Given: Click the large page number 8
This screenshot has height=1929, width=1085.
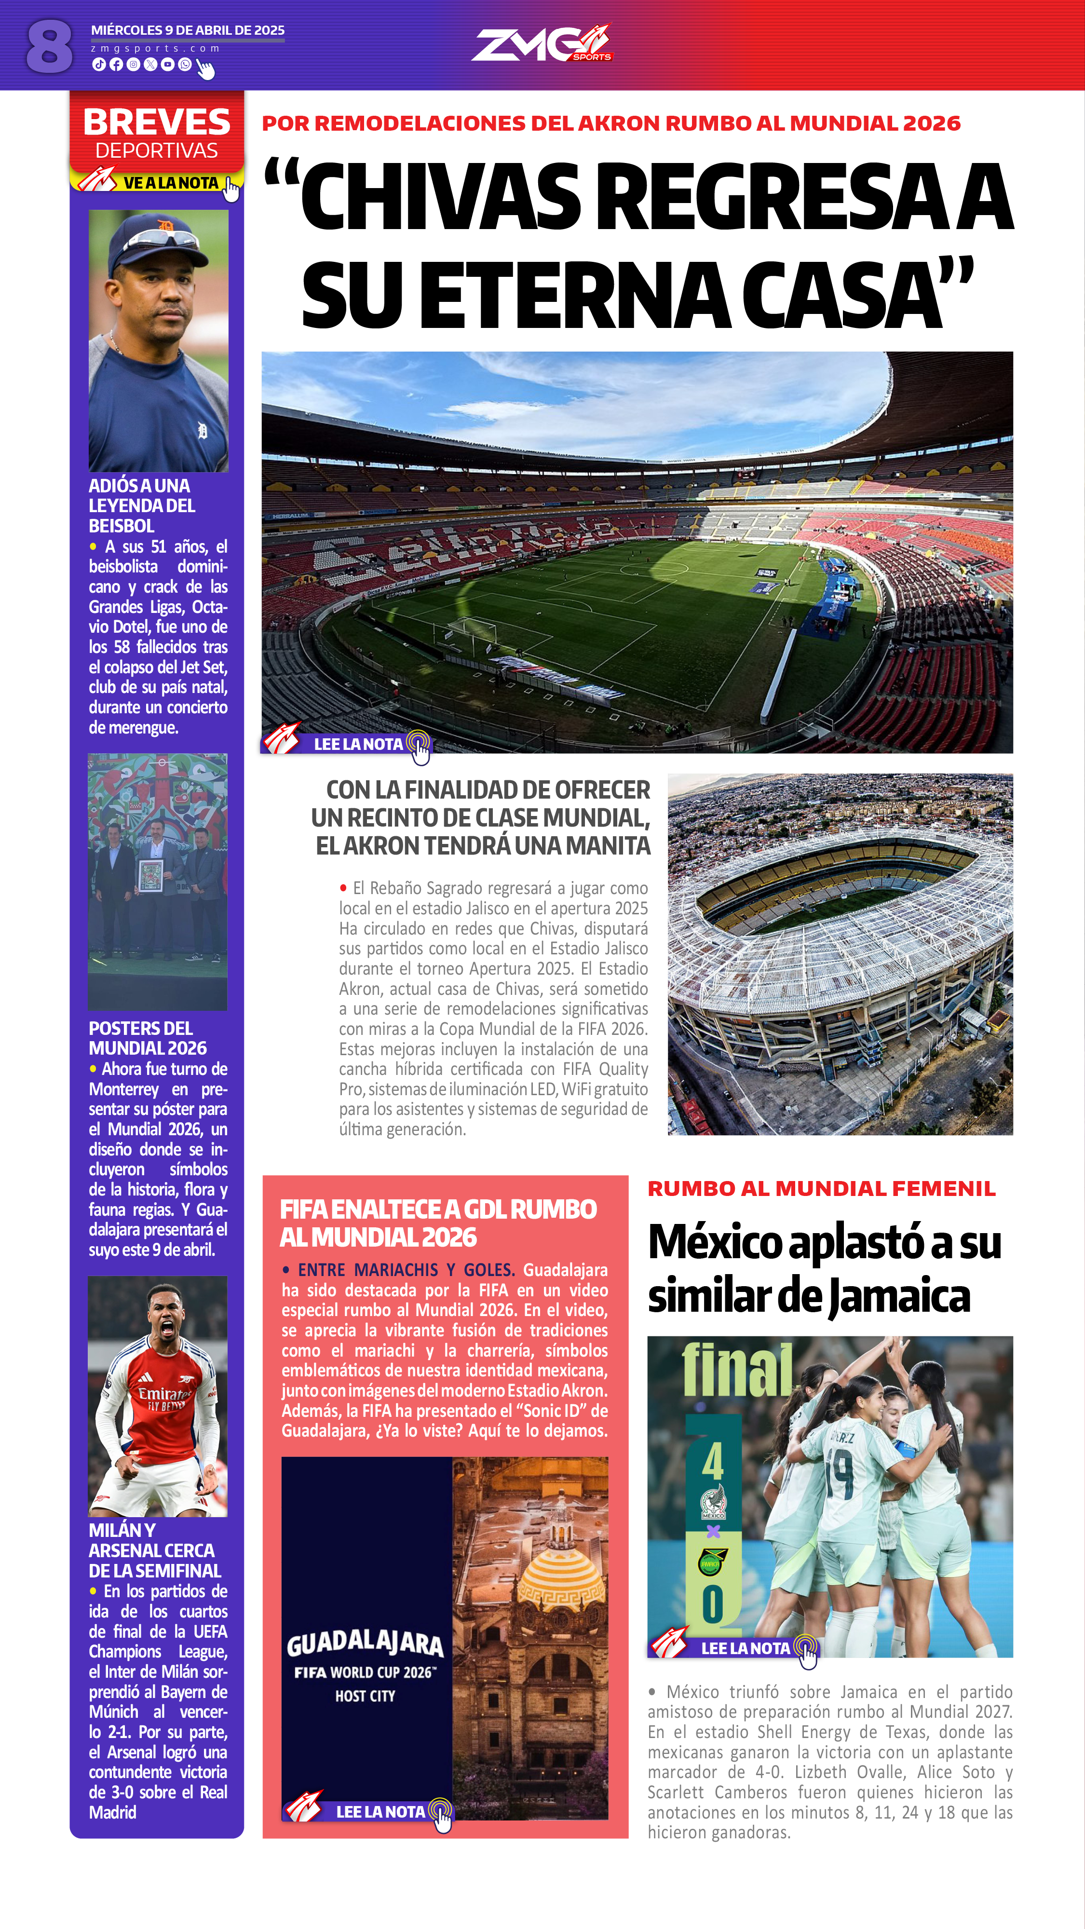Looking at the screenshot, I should (x=49, y=46).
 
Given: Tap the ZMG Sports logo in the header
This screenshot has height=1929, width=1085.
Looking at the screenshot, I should (x=541, y=44).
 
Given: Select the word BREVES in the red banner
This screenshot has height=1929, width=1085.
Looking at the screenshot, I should (x=157, y=122).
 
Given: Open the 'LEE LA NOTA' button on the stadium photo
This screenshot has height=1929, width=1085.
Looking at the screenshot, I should (x=358, y=744).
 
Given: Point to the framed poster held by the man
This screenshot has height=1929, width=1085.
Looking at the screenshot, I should (x=150, y=875).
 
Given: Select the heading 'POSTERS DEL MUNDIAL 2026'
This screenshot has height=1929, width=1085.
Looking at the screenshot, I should (x=148, y=1038).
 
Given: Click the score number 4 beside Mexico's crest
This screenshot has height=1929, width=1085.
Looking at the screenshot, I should (x=712, y=1462).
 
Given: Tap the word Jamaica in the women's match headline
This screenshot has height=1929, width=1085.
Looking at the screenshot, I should (x=898, y=1296).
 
